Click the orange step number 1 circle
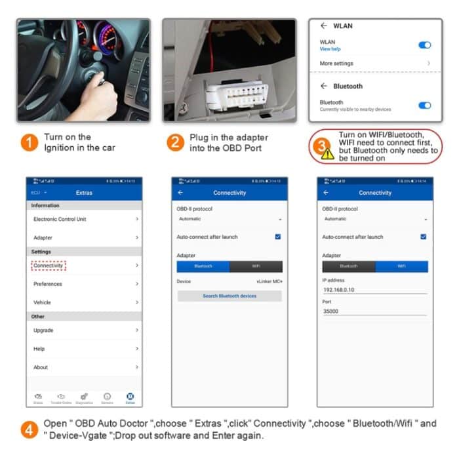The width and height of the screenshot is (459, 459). pos(30,142)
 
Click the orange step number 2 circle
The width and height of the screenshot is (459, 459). pos(174,142)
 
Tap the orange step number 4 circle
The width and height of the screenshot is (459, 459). pos(30,430)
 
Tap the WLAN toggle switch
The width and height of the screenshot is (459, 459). pos(424,45)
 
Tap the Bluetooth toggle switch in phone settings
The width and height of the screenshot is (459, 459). pos(424,105)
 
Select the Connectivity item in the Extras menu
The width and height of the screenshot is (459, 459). pos(49,266)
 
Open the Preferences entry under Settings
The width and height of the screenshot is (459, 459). pos(48,284)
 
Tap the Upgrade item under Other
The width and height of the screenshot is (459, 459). pos(43,330)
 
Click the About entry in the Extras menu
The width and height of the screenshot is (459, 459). pos(41,367)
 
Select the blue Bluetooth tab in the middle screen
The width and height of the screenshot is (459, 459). pos(203,266)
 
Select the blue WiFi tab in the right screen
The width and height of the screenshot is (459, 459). pos(401,266)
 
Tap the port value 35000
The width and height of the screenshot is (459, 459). pos(331,311)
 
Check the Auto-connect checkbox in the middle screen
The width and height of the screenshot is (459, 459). pos(278,237)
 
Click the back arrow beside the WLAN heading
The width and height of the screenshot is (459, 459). pos(323,26)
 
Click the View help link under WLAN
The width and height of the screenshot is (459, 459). pos(330,49)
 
